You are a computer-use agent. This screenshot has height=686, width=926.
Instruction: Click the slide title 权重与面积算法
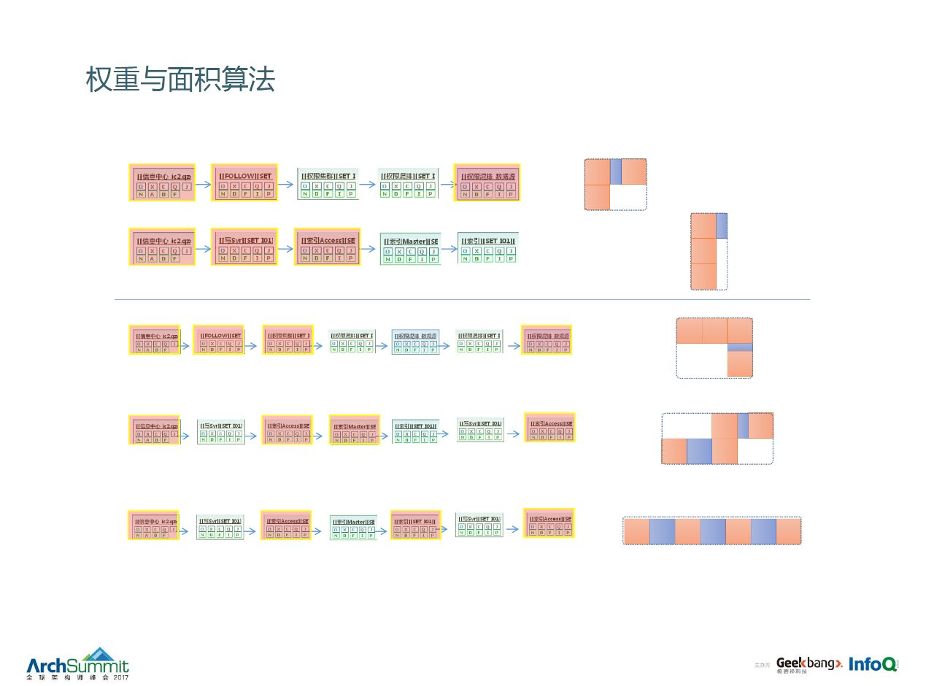coord(180,80)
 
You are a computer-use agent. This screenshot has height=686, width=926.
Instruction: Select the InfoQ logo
coord(873,664)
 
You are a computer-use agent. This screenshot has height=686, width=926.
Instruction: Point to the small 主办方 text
coord(762,665)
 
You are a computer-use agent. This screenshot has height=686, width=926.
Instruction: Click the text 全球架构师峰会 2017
coord(77,678)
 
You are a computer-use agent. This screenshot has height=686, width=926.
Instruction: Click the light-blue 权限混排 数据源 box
coord(415,342)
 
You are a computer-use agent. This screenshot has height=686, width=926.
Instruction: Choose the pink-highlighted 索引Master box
coord(355,430)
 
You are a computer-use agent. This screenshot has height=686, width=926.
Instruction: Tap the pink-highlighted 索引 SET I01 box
coord(415,525)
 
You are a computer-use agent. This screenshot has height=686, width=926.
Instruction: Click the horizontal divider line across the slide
coord(462,299)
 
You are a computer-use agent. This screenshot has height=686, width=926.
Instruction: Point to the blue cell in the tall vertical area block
coord(722,226)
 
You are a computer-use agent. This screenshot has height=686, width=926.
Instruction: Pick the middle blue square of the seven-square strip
coord(712,531)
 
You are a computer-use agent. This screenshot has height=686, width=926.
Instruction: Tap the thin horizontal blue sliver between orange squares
coord(739,347)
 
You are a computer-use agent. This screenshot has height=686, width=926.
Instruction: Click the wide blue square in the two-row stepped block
coord(699,451)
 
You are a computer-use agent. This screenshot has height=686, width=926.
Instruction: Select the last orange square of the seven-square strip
coord(788,531)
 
